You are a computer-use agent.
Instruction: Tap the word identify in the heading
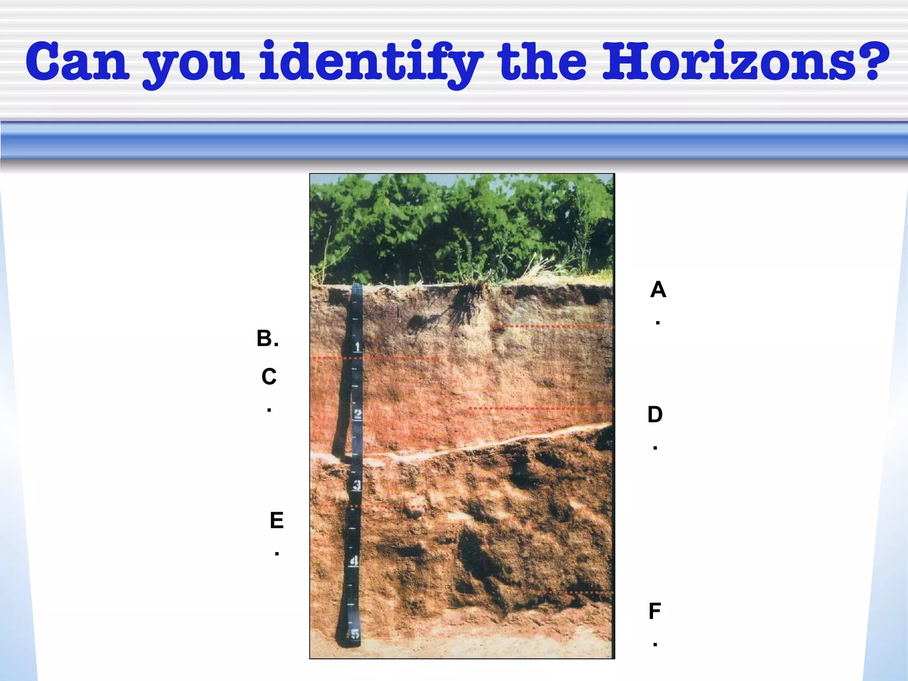pyautogui.click(x=370, y=62)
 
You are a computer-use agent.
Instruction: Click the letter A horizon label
pyautogui.click(x=658, y=290)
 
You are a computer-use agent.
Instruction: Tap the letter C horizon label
pyautogui.click(x=269, y=377)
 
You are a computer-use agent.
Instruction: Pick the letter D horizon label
pyautogui.click(x=655, y=415)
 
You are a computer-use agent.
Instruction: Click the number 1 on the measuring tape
pyautogui.click(x=357, y=346)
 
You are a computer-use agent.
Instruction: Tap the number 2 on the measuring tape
pyautogui.click(x=357, y=415)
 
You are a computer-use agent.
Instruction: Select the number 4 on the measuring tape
pyautogui.click(x=354, y=561)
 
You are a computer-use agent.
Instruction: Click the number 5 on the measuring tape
pyautogui.click(x=354, y=634)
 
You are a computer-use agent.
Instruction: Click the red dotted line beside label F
pyautogui.click(x=581, y=592)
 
